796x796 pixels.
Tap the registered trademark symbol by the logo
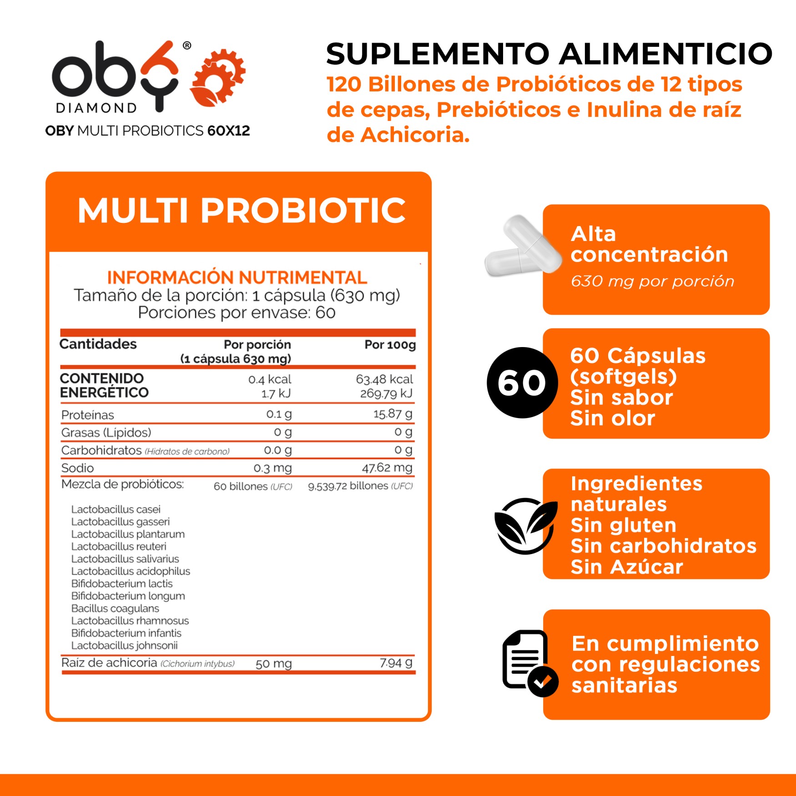point(187,45)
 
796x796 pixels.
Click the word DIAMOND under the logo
point(96,108)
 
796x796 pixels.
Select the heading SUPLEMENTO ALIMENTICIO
point(549,54)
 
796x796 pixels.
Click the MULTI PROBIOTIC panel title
point(241,211)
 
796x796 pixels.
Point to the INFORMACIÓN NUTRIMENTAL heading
point(237,277)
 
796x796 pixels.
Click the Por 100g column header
point(390,345)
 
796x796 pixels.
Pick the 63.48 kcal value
point(384,379)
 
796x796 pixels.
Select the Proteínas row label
point(88,415)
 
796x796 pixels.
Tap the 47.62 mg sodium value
point(387,468)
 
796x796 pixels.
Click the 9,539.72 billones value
point(360,486)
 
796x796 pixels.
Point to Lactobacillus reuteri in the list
point(119,546)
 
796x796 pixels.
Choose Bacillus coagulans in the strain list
point(115,608)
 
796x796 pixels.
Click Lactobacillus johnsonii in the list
point(124,645)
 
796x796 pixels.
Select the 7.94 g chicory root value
point(396,663)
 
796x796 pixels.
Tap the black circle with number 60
point(522,383)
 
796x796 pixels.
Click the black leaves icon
point(525,525)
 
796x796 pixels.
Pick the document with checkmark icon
point(529,662)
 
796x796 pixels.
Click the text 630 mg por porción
point(652,282)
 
